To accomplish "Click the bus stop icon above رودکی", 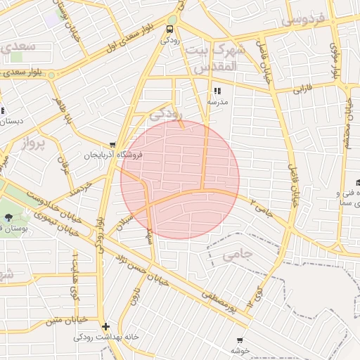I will [169, 30].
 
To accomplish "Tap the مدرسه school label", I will [217, 102].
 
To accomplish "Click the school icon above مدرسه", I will [217, 91].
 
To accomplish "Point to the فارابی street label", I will [302, 89].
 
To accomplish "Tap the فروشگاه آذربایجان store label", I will [113, 155].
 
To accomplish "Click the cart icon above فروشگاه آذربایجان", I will [112, 145].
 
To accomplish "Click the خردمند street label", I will [82, 188].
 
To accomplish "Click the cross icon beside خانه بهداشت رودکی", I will [105, 326].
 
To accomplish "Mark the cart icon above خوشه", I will [240, 340].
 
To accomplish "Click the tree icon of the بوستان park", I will [8, 217].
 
